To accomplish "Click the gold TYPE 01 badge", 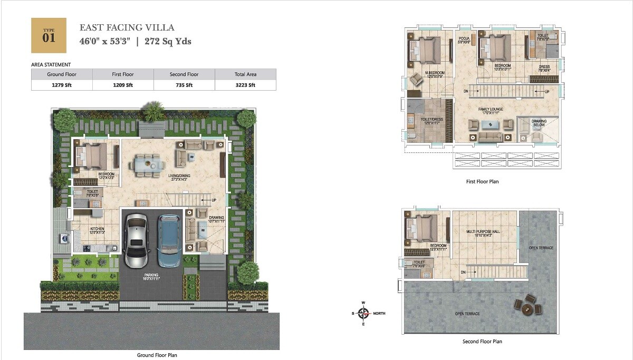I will (x=49, y=35).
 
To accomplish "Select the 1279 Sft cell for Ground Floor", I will (x=62, y=85).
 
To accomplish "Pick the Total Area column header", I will (x=245, y=74).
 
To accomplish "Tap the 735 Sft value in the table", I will (x=184, y=85).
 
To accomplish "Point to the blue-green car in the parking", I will (x=169, y=240).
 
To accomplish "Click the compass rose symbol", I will (x=362, y=313).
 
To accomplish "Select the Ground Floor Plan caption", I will (x=157, y=355).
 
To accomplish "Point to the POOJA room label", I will (x=464, y=39).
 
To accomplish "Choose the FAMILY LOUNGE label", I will (x=490, y=109).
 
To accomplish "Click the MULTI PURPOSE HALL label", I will (x=483, y=231).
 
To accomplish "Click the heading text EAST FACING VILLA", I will (x=127, y=27).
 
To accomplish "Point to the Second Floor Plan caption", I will (x=482, y=342).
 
